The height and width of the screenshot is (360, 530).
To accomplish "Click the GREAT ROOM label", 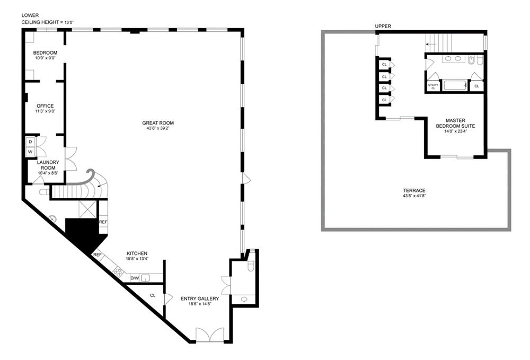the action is [158, 123].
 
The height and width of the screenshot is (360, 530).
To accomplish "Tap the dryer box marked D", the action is [30, 142].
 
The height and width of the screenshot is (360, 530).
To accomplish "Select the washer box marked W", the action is [30, 152].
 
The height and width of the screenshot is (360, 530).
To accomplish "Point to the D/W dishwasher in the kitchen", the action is [135, 278].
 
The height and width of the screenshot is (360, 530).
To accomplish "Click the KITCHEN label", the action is [137, 253].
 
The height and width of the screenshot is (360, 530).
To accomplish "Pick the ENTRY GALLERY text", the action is [199, 299].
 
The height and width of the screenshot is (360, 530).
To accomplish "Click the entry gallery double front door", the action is [210, 335].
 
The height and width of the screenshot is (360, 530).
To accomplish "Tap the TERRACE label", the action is [414, 191].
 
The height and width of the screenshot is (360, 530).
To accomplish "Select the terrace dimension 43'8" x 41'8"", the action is [414, 196].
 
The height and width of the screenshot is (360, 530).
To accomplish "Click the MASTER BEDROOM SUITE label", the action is [455, 123].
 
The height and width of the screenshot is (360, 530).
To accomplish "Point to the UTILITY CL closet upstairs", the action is [433, 86].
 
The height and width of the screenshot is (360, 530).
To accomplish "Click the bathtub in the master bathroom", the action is [455, 85].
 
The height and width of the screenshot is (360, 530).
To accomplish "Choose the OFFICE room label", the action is [45, 106].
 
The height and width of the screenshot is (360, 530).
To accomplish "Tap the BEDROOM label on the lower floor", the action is [45, 52].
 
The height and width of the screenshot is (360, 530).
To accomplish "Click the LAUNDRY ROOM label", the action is [48, 165].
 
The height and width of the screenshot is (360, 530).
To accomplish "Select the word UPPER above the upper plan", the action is [383, 26].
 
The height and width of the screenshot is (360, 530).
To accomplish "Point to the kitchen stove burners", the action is [119, 271].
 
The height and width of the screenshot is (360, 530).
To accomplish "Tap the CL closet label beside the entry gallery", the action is [153, 295].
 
